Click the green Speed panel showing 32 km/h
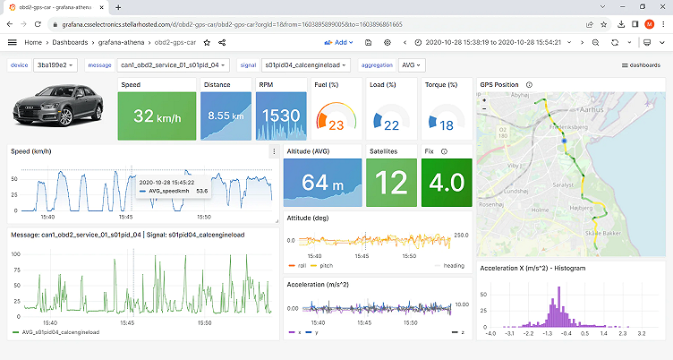click(157, 116)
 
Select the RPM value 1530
click(280, 116)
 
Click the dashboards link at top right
click(642, 65)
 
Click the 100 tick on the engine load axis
click(15, 254)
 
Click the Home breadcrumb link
click(35, 42)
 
